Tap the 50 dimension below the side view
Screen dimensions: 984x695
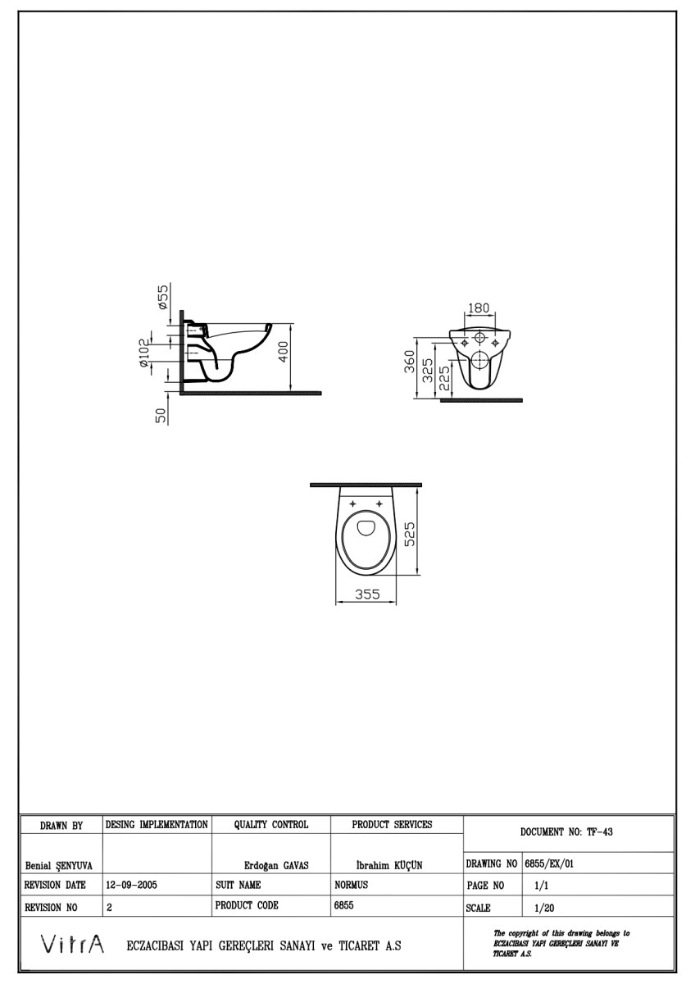(x=161, y=415)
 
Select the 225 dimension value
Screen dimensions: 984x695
(x=443, y=378)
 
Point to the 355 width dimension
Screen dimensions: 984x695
(x=366, y=595)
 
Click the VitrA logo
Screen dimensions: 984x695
(x=72, y=945)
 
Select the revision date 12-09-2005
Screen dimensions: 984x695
(x=131, y=886)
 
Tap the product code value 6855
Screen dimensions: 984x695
(x=344, y=907)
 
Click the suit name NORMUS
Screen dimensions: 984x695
(x=352, y=886)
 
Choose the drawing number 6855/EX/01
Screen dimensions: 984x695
(x=554, y=864)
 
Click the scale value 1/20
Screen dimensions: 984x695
(x=543, y=908)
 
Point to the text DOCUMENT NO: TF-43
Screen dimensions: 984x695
(x=566, y=831)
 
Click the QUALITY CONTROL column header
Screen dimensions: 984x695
(x=270, y=824)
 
